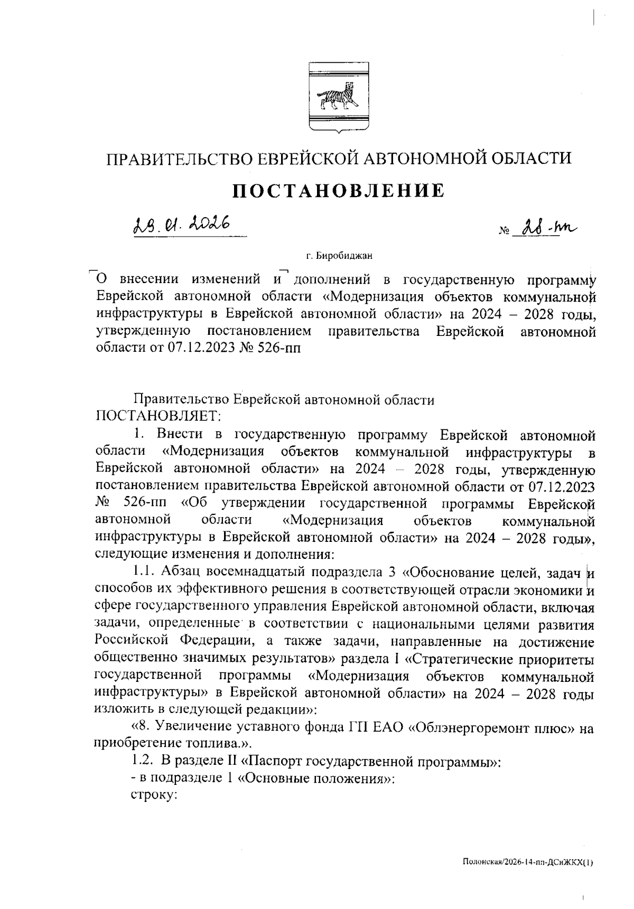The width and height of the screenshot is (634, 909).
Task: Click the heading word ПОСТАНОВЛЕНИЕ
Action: (x=339, y=191)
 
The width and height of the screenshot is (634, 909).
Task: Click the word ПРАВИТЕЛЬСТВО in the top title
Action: (x=181, y=158)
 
